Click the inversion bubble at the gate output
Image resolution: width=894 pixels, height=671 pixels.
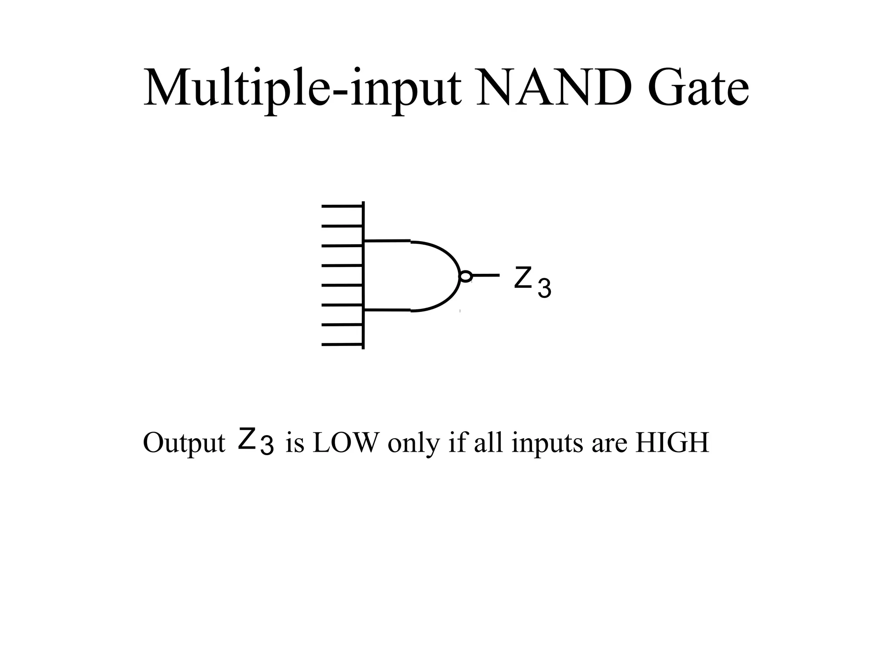pos(466,276)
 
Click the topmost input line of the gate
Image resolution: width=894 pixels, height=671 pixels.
pos(342,206)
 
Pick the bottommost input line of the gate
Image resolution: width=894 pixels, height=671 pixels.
pos(342,345)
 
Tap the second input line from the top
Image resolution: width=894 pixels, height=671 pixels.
pos(342,226)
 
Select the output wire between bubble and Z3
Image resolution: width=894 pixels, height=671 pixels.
pos(486,275)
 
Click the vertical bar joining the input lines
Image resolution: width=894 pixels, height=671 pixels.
pos(364,275)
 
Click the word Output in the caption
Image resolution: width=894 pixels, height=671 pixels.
pos(184,443)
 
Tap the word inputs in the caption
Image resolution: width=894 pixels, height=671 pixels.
pos(547,443)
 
